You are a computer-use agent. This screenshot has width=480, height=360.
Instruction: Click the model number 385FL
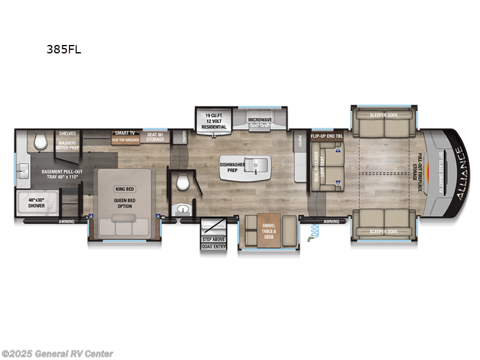(64, 50)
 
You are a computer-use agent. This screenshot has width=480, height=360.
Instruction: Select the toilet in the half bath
(182, 182)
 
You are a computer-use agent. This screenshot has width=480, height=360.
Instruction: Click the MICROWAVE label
(260, 120)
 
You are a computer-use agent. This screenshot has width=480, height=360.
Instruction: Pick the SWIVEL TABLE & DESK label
(268, 231)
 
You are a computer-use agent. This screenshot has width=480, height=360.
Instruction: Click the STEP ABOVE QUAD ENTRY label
(214, 243)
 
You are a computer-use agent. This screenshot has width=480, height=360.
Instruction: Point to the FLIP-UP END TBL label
(326, 136)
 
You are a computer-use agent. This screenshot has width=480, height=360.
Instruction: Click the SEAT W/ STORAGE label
(155, 137)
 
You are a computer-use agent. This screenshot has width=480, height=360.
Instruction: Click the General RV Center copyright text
(58, 353)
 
